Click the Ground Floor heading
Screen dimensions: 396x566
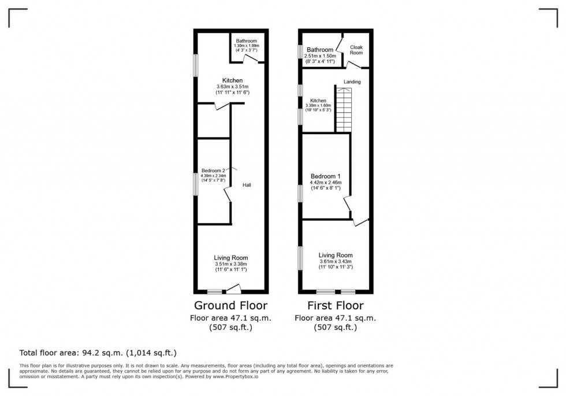[230, 305]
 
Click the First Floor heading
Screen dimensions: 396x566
[335, 305]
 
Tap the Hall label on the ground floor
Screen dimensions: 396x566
[247, 185]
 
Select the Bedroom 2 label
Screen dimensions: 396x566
[213, 170]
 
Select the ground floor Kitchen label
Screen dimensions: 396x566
[233, 80]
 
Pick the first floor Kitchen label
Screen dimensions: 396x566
[318, 101]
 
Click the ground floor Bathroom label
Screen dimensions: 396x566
[246, 40]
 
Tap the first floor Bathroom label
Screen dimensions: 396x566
[319, 50]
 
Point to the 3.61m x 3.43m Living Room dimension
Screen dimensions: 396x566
[336, 261]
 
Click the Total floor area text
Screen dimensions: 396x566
[98, 352]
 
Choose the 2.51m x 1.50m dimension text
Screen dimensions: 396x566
[319, 55]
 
